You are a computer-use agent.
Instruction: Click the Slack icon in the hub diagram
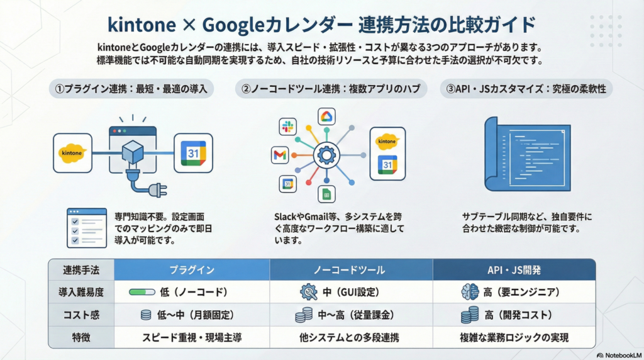288,127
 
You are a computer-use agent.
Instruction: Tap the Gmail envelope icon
280,155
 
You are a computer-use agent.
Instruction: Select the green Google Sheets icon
326,194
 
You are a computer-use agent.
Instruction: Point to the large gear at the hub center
326,155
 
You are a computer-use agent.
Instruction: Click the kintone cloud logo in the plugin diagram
72,153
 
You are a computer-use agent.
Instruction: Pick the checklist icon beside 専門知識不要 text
87,228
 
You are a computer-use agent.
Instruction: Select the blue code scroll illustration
528,154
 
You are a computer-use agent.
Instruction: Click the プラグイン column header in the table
192,270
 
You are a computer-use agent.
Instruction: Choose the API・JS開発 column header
514,270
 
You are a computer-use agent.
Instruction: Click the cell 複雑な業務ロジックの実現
514,338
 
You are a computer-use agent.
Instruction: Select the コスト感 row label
81,315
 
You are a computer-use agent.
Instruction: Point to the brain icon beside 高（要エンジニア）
470,292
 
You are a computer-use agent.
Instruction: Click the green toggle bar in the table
142,292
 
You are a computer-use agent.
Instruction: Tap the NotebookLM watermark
619,355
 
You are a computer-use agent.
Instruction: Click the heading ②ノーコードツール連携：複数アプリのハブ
331,89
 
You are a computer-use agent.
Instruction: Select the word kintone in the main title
142,25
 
